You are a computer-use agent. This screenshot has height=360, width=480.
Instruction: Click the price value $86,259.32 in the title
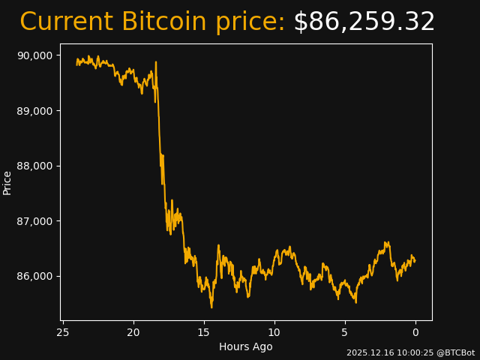pyautogui.click(x=364, y=22)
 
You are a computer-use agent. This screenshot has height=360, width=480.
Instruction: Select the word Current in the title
pyautogui.click(x=66, y=22)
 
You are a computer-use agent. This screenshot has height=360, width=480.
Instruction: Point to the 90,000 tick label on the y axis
pyautogui.click(x=34, y=55)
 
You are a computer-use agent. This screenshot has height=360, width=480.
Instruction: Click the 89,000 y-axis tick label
pyautogui.click(x=34, y=111)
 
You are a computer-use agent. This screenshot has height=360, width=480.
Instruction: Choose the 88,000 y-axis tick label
pyautogui.click(x=34, y=166)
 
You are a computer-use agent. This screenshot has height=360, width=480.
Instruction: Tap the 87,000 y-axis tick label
pyautogui.click(x=34, y=221)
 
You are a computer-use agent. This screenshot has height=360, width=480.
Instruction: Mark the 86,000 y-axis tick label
pyautogui.click(x=34, y=276)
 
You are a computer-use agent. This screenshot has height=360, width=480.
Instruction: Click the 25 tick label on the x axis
pyautogui.click(x=63, y=332)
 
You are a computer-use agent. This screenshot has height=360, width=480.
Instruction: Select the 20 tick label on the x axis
pyautogui.click(x=133, y=332)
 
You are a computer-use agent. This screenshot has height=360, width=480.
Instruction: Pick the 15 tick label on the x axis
pyautogui.click(x=204, y=332)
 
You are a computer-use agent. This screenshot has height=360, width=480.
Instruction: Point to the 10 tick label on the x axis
pyautogui.click(x=274, y=332)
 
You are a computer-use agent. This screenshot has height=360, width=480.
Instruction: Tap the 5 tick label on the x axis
pyautogui.click(x=345, y=332)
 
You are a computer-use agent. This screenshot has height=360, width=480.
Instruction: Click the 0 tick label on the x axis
pyautogui.click(x=415, y=332)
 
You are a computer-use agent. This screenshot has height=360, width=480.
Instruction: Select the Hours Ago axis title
pyautogui.click(x=245, y=346)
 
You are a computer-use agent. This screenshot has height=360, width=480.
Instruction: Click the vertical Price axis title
pyautogui.click(x=7, y=182)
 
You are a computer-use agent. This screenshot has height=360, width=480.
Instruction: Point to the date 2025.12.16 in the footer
pyautogui.click(x=369, y=352)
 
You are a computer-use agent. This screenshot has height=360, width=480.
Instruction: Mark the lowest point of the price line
pyautogui.click(x=211, y=307)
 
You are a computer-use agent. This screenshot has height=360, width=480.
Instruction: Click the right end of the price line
pyautogui.click(x=415, y=261)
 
